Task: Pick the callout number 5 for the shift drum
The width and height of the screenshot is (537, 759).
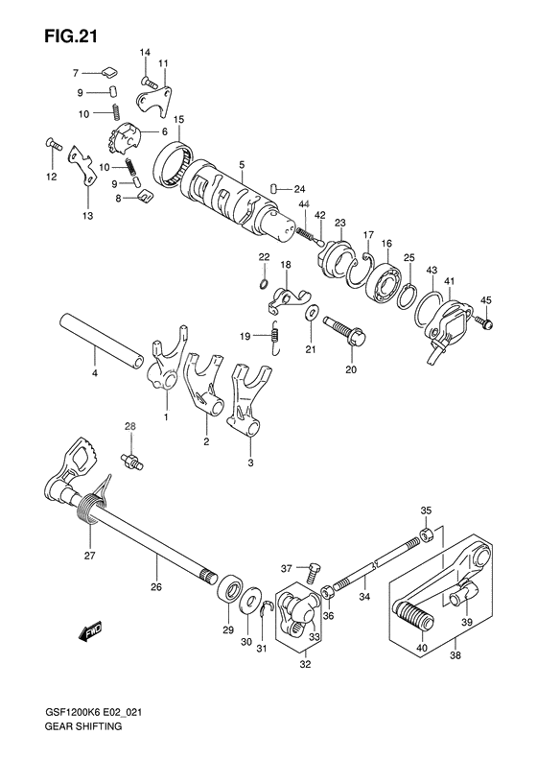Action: pos(243,164)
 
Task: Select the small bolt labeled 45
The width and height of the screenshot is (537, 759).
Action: pos(485,324)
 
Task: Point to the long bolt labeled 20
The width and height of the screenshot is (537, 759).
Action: pos(346,333)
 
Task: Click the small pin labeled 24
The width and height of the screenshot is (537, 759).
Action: pos(273,187)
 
